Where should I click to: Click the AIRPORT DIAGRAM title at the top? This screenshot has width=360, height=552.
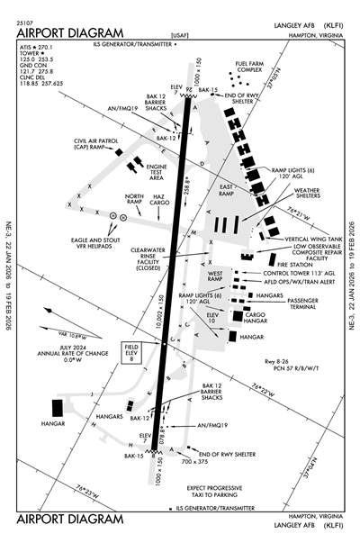pyautogui.click(x=60, y=26)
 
